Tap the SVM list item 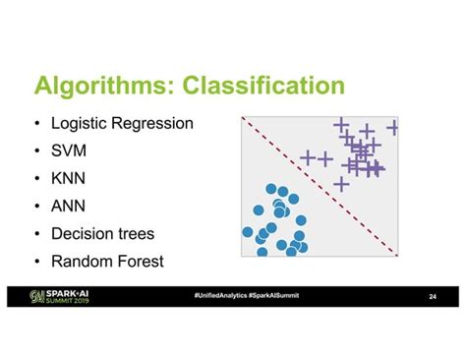click(x=72, y=152)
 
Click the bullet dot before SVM click(x=36, y=152)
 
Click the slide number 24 click(x=433, y=297)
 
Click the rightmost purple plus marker click(x=393, y=127)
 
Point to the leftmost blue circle click(x=248, y=232)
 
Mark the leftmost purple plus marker click(x=308, y=156)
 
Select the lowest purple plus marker click(x=341, y=183)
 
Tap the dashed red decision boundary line click(x=320, y=186)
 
